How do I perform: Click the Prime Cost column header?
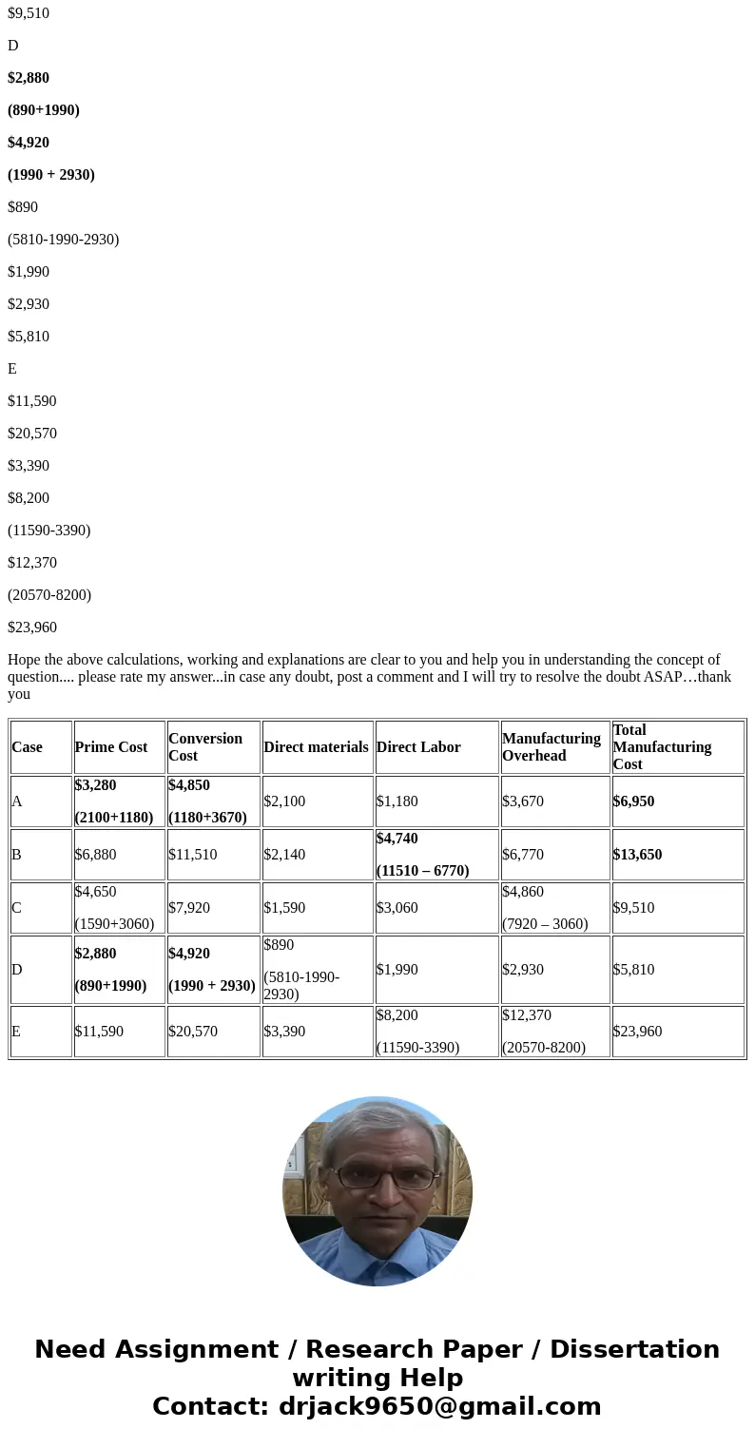pyautogui.click(x=111, y=747)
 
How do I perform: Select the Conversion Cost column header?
pyautogui.click(x=205, y=747)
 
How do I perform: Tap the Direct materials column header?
pyautogui.click(x=316, y=747)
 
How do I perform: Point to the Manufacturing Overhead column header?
pyautogui.click(x=552, y=747)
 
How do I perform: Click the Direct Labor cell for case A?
pyautogui.click(x=397, y=801)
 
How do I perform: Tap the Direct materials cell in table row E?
pyautogui.click(x=284, y=1032)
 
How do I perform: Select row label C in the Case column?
pyautogui.click(x=16, y=908)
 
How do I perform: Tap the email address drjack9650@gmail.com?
pyautogui.click(x=439, y=1407)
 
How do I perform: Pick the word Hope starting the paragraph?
pyautogui.click(x=24, y=660)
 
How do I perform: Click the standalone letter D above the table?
pyautogui.click(x=13, y=46)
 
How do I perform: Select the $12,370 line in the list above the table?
pyautogui.click(x=32, y=563)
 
